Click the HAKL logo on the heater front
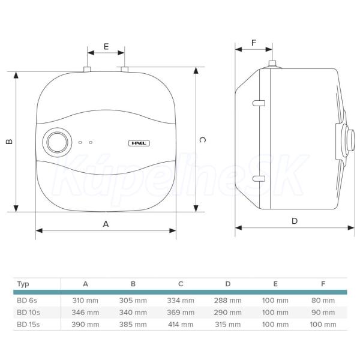(x=139, y=143)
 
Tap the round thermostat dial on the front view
(x=57, y=142)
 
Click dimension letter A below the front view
(x=106, y=224)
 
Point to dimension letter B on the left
(x=9, y=142)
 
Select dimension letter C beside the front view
(x=202, y=140)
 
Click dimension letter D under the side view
(x=295, y=221)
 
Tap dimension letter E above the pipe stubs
(x=106, y=47)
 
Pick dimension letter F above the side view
(x=253, y=43)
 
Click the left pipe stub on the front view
(x=87, y=69)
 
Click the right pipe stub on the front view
(x=124, y=69)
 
